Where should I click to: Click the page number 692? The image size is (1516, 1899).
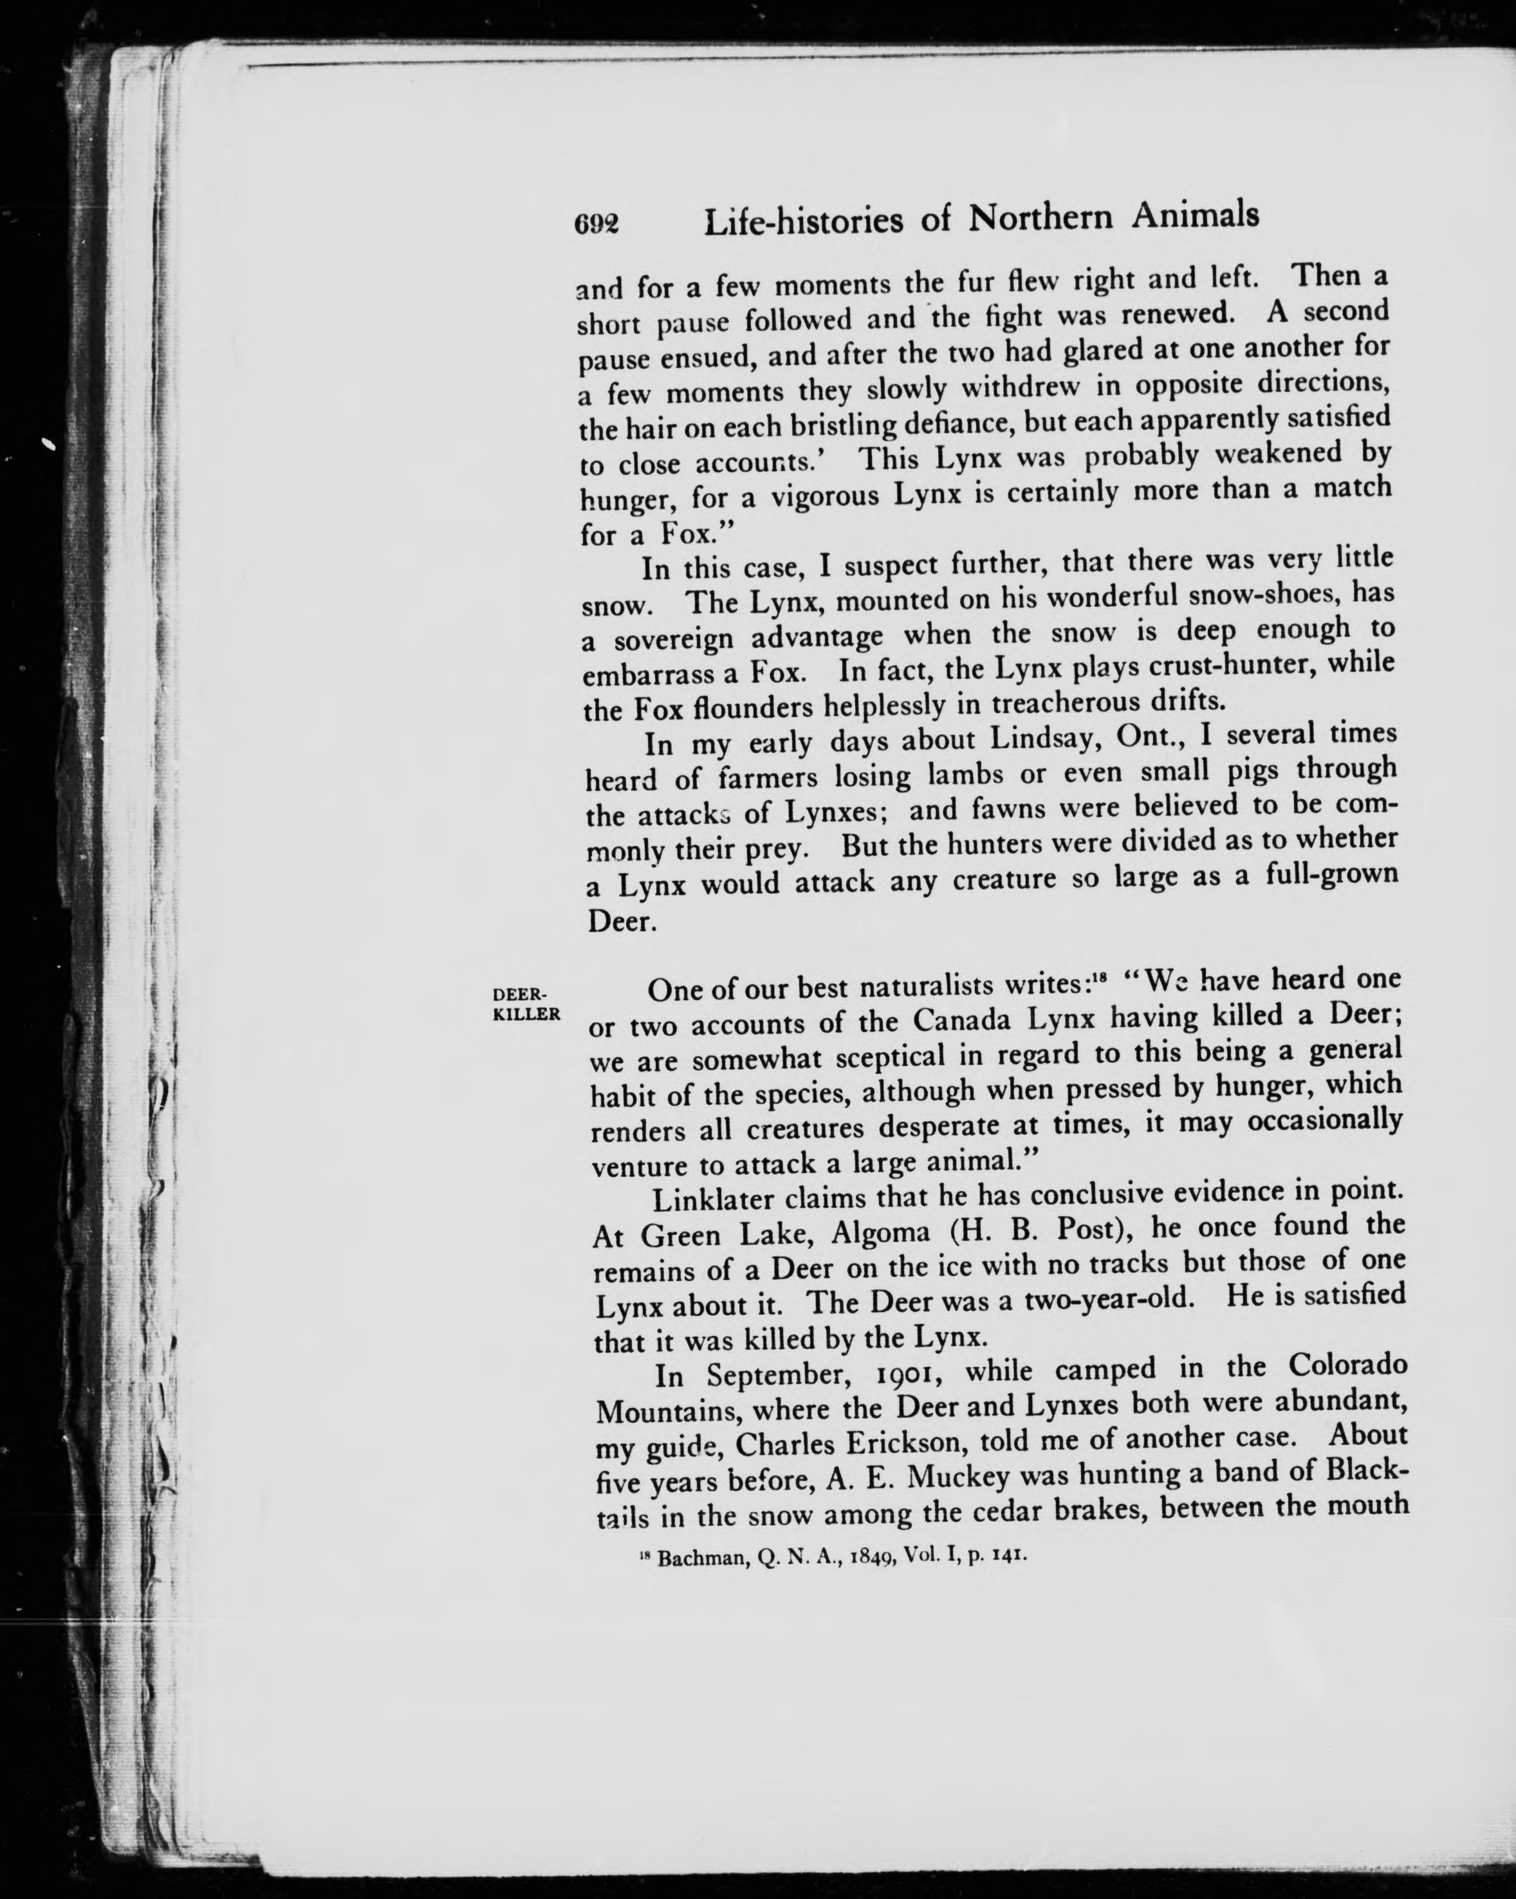coord(596,225)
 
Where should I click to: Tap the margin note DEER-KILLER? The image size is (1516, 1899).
coord(526,1003)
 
